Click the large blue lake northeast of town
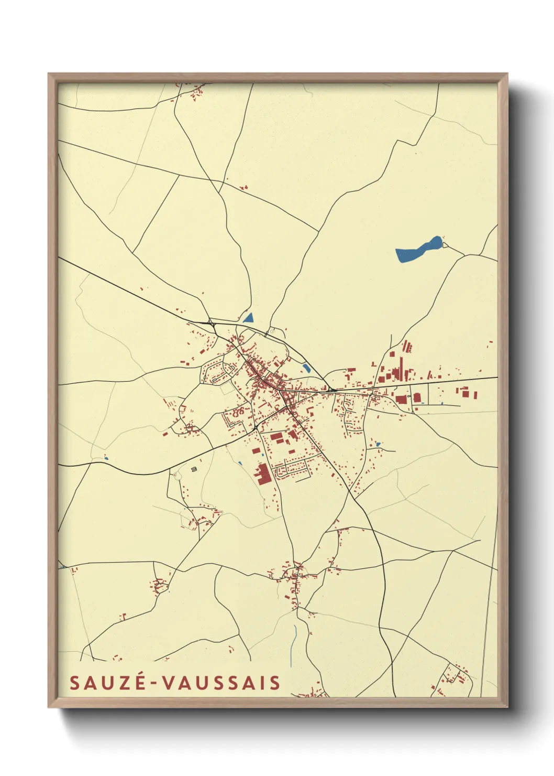pos(417,250)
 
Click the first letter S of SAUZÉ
pos(74,683)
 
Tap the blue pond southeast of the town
pos(378,445)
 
